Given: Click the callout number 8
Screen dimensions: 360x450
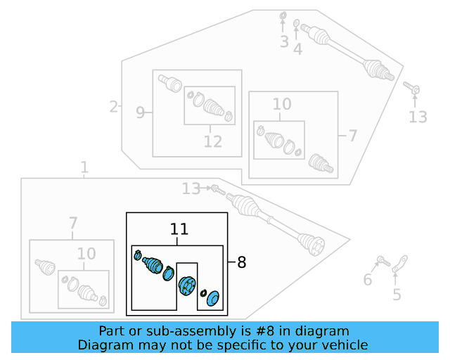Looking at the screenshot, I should tap(241, 263).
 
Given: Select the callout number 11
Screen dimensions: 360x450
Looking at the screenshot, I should tap(179, 229).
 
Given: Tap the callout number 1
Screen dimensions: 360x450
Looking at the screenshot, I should tap(84, 167).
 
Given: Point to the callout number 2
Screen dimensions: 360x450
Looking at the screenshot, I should tap(113, 107).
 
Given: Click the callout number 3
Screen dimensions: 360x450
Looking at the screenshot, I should tap(284, 41).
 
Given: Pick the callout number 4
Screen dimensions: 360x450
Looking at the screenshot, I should tap(298, 49).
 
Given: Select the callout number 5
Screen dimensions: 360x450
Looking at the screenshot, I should tap(397, 294).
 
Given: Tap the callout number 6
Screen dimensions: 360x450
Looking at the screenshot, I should tap(367, 281).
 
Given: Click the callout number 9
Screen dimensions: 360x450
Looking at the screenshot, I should tap(140, 112).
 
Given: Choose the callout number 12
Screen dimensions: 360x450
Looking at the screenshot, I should tap(212, 141).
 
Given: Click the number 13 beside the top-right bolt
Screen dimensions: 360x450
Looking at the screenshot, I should tap(418, 117).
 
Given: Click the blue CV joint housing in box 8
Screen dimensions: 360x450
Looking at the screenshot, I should tap(186, 286).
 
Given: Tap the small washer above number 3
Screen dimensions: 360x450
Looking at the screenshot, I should tap(283, 15).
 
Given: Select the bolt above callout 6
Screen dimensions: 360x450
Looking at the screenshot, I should tap(382, 262).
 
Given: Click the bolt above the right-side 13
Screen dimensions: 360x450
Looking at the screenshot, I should tap(412, 89).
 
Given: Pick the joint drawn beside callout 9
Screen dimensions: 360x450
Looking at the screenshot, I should tap(169, 82).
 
